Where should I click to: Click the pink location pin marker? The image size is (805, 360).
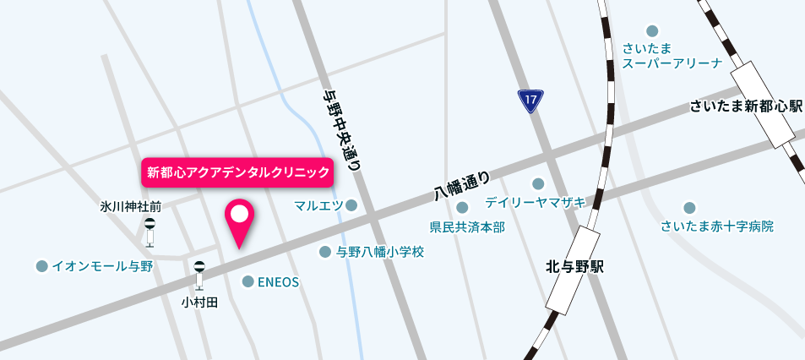point(240,220)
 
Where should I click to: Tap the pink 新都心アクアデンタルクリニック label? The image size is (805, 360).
point(238,172)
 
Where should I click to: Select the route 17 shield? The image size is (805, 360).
point(530,102)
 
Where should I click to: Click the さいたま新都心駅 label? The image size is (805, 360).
point(745,106)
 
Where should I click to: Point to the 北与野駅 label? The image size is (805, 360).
point(574,267)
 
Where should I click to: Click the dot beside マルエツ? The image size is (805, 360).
point(351,205)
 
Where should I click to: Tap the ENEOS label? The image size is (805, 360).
point(278,282)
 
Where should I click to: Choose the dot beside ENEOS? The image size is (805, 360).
point(247,281)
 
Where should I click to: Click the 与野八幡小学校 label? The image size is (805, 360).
point(379,252)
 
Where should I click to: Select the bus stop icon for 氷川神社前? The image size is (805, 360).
point(150,231)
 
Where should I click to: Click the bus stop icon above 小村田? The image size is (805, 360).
point(199,275)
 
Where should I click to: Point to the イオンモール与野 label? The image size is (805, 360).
point(102,266)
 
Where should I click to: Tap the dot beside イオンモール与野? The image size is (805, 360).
point(41,266)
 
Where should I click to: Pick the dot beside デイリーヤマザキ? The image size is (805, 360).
point(537,183)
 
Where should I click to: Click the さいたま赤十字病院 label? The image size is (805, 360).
point(717,226)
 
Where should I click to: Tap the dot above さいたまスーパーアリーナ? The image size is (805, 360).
point(651,30)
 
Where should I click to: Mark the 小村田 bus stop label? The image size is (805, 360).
point(199,302)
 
